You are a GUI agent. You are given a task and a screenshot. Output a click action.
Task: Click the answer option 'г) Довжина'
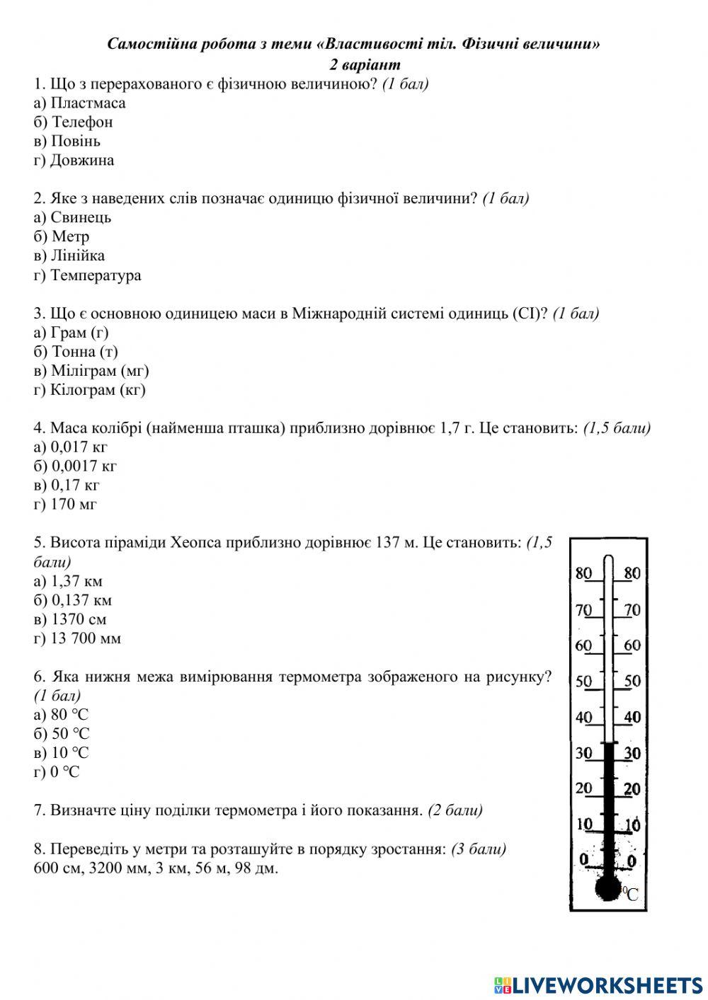(74, 160)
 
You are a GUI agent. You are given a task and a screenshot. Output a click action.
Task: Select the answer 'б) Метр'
(62, 236)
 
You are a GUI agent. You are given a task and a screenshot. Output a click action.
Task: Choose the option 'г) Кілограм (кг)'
(89, 390)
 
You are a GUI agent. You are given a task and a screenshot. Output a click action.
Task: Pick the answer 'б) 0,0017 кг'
(75, 466)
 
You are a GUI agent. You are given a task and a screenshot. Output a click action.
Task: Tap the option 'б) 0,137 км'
(73, 600)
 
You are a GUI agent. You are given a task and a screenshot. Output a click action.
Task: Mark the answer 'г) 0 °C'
(57, 772)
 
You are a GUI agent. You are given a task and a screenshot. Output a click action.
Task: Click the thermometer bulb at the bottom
(608, 887)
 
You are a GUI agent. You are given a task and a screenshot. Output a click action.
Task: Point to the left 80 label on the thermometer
(583, 573)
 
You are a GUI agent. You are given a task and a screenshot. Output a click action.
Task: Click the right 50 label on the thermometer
(632, 681)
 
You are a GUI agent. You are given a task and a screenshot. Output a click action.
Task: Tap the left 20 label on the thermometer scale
(583, 788)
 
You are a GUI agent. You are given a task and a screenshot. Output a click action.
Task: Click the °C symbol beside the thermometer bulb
(630, 894)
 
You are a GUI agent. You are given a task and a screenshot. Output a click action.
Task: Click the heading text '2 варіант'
(365, 64)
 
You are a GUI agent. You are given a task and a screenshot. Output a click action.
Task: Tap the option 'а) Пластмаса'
(79, 103)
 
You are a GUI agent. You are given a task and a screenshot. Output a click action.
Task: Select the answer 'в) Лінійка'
(69, 255)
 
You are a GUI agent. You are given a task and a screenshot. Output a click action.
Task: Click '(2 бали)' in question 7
(455, 810)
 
